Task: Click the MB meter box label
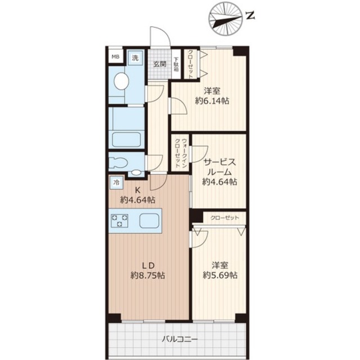pyautogui.click(x=115, y=56)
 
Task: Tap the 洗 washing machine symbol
pyautogui.click(x=135, y=58)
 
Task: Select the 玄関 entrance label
pyautogui.click(x=160, y=64)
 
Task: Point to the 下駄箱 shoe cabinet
pyautogui.click(x=177, y=65)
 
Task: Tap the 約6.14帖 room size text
pyautogui.click(x=212, y=101)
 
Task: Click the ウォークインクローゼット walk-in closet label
pyautogui.click(x=181, y=152)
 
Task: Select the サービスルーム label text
pyautogui.click(x=219, y=167)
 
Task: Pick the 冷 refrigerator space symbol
pyautogui.click(x=116, y=183)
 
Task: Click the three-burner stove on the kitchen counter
pyautogui.click(x=119, y=220)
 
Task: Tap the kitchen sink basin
pyautogui.click(x=149, y=220)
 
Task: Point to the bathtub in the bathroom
pyautogui.click(x=126, y=139)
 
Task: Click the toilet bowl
pyautogui.click(x=118, y=163)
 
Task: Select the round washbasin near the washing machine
pyautogui.click(x=121, y=81)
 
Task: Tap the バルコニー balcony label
pyautogui.click(x=180, y=339)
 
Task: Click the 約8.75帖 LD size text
pyautogui.click(x=148, y=275)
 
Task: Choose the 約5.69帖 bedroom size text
pyautogui.click(x=220, y=275)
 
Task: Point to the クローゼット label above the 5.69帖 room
pyautogui.click(x=225, y=218)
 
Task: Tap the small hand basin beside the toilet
pyautogui.click(x=136, y=173)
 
